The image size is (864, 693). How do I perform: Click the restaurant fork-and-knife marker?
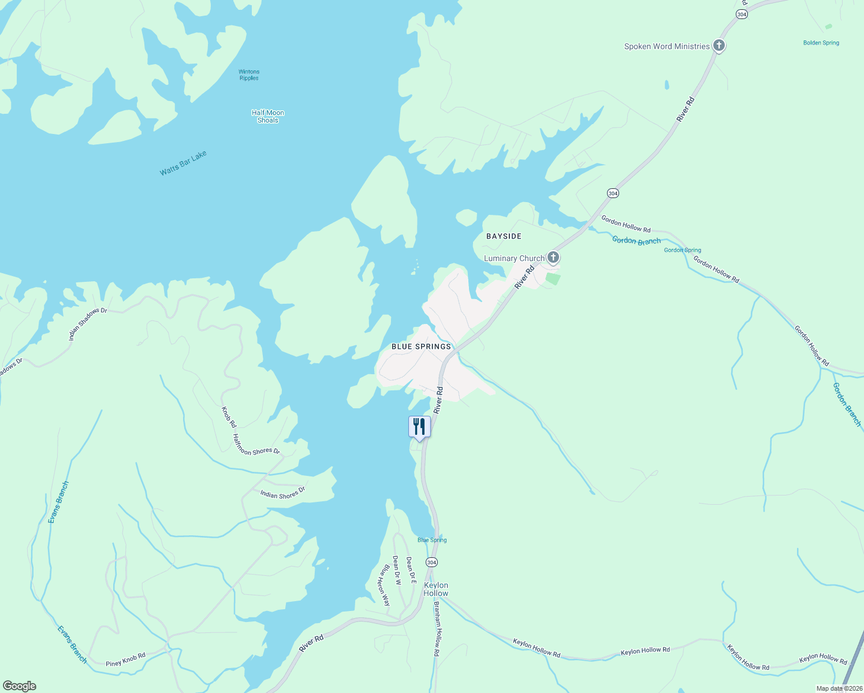[x=419, y=427]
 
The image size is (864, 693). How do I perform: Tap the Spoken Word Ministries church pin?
[x=718, y=46]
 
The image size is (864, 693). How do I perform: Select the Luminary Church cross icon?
[x=553, y=258]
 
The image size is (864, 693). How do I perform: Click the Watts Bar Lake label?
[x=183, y=163]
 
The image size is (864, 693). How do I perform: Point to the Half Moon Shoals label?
[x=268, y=117]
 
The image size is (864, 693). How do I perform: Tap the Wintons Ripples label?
[x=249, y=75]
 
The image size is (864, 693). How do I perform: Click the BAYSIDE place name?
[x=504, y=236]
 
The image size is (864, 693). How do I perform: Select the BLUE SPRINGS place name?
[x=421, y=346]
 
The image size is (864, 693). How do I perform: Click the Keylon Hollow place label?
[x=436, y=589]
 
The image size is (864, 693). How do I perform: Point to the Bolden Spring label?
[x=821, y=43]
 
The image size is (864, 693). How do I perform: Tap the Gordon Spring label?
[x=682, y=250]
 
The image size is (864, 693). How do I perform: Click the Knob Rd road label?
[x=229, y=417]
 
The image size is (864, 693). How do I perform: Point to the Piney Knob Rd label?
[x=125, y=660]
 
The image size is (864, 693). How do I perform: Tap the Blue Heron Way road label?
[x=383, y=585]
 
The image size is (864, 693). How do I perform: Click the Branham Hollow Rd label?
[x=437, y=629]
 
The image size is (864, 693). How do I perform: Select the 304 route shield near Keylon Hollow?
[x=431, y=562]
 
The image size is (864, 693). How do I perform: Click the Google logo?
[x=18, y=686]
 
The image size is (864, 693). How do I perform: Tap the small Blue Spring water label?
[x=432, y=540]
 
